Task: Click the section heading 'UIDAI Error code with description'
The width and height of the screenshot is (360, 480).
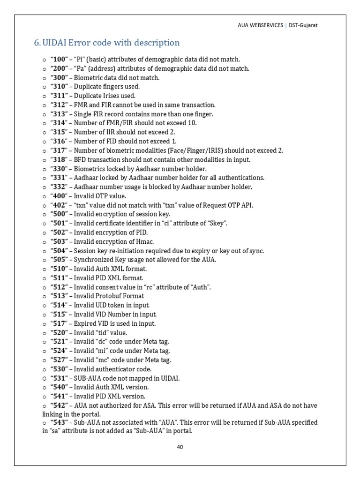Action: click(111, 43)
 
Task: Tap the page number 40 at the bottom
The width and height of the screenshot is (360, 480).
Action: click(180, 447)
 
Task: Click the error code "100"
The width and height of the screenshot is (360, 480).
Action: click(59, 60)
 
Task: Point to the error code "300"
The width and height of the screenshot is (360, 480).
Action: click(59, 78)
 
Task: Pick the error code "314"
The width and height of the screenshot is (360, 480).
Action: click(59, 123)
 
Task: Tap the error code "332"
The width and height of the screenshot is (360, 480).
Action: click(59, 187)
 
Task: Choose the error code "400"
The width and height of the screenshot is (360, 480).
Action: click(59, 196)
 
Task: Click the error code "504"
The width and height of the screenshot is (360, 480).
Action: click(59, 251)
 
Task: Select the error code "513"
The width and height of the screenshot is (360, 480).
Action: click(59, 296)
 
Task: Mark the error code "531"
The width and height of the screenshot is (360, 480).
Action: click(59, 378)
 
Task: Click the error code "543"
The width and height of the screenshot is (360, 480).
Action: click(59, 423)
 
